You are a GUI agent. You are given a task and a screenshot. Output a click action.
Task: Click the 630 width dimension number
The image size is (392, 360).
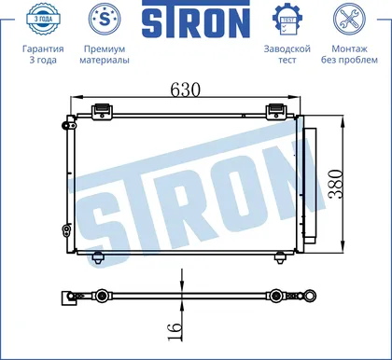click(186, 90)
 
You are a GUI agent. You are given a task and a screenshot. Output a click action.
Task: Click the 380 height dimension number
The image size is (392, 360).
click(336, 184)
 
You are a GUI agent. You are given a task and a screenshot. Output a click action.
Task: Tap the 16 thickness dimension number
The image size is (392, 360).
click(175, 332)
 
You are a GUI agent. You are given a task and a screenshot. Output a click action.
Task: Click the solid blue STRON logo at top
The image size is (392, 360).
click(196, 20)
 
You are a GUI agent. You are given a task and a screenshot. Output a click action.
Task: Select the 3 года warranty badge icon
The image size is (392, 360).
click(43, 19)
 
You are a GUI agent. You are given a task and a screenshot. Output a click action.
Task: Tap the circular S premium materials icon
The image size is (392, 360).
click(105, 19)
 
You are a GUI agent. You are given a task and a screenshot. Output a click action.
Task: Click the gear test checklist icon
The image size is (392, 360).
click(287, 19)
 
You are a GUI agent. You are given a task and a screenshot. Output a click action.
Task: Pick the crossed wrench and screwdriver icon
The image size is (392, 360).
click(349, 19)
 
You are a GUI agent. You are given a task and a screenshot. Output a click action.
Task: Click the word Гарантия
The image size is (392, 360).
click(43, 48)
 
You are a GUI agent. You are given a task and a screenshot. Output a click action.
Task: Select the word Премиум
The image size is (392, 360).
click(105, 48)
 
